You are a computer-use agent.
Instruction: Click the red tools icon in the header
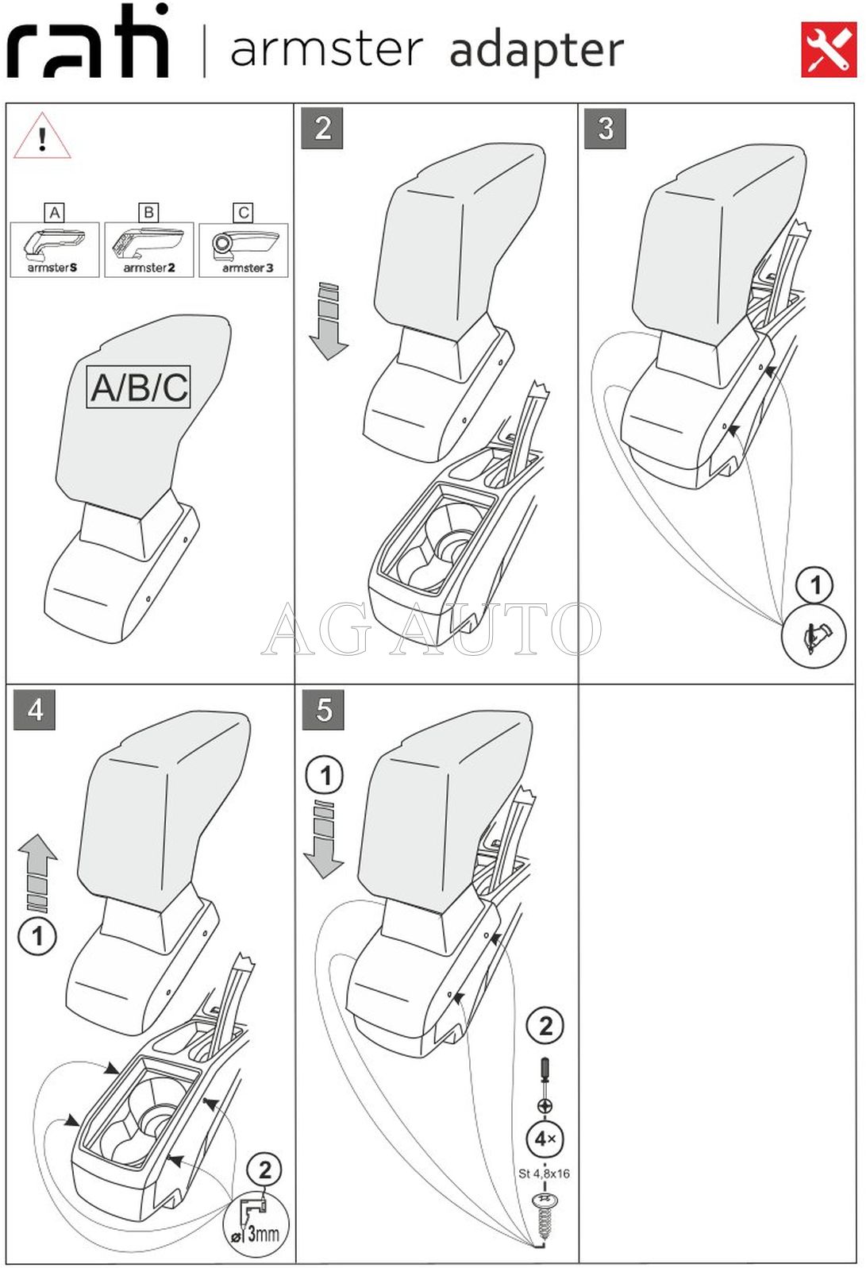tap(829, 50)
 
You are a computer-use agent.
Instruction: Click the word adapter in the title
tap(537, 51)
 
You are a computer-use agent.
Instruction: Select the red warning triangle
tap(42, 137)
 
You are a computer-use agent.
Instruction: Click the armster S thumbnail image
tap(54, 249)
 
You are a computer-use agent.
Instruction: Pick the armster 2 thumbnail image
tap(148, 249)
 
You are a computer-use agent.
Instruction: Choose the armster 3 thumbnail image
tap(244, 249)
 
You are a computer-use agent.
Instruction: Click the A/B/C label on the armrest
tap(139, 387)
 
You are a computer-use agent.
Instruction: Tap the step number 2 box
tap(322, 128)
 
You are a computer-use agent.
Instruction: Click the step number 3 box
tap(605, 128)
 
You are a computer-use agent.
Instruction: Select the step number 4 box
tap(35, 709)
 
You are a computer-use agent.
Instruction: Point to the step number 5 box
tap(323, 709)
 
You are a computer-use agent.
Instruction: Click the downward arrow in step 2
tap(328, 321)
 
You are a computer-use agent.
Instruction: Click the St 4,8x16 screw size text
tap(544, 1174)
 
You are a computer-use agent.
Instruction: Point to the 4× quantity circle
tap(545, 1139)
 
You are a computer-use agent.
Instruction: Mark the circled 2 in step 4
tap(264, 1170)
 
